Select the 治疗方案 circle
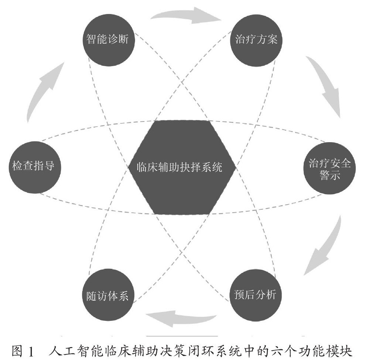[256, 40]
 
